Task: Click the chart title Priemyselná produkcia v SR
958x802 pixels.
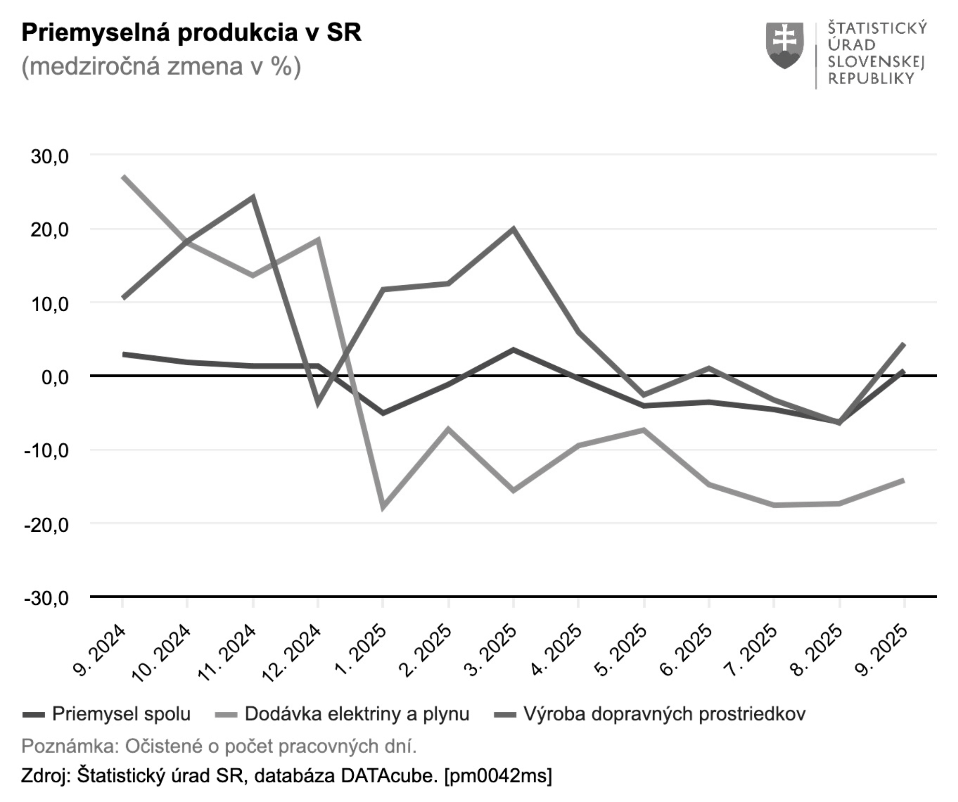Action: click(x=191, y=33)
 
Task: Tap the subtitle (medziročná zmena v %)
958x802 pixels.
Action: click(x=161, y=67)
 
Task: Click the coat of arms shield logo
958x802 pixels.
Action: click(x=785, y=46)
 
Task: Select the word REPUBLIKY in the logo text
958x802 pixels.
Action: click(x=871, y=79)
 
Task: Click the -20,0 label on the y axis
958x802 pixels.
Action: click(x=47, y=525)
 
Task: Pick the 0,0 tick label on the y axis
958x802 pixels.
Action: click(x=55, y=377)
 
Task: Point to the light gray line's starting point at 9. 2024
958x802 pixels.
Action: click(x=124, y=176)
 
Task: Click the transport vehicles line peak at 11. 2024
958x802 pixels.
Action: click(x=253, y=197)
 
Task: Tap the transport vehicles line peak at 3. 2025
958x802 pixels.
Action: click(x=514, y=228)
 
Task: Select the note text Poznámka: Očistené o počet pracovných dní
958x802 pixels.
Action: click(x=219, y=747)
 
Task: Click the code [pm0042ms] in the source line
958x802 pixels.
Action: click(x=498, y=776)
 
